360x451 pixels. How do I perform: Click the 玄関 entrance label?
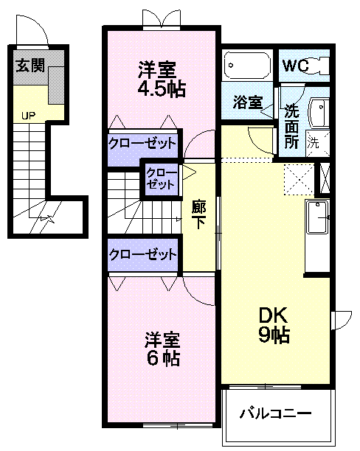click(30, 66)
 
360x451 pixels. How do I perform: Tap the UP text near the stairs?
click(29, 116)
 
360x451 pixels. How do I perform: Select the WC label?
click(296, 66)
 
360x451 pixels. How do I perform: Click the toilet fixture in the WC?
click(318, 65)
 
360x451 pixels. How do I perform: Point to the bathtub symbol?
click(247, 66)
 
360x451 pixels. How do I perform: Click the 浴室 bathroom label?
click(248, 102)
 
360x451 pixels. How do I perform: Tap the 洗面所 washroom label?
click(291, 127)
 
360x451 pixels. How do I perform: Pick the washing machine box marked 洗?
click(318, 144)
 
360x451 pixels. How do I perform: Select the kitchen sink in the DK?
click(317, 217)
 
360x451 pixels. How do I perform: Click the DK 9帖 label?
click(274, 325)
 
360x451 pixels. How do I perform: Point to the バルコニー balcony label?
click(276, 413)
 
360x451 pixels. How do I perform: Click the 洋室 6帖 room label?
click(163, 349)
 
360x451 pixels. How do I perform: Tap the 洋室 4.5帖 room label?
click(162, 79)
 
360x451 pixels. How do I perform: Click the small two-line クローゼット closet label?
click(161, 179)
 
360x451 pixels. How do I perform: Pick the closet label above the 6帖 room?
click(143, 254)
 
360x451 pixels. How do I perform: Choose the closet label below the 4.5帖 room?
click(142, 143)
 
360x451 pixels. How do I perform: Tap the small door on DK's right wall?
click(342, 321)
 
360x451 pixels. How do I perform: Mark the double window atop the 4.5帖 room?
click(162, 20)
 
